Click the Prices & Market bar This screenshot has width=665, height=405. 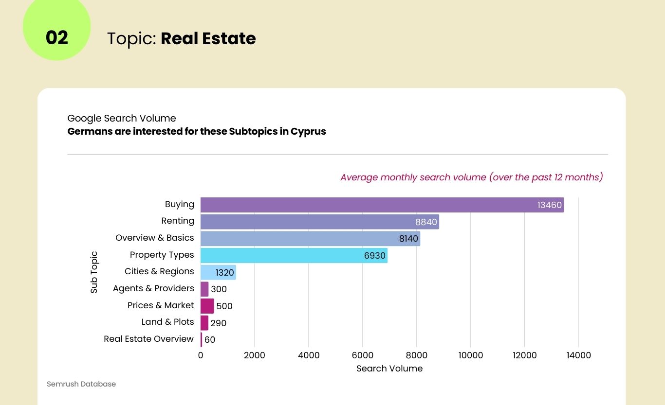tap(207, 306)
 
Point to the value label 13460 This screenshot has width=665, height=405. tap(550, 205)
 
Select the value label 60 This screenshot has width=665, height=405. tap(210, 340)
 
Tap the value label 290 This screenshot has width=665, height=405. tap(219, 323)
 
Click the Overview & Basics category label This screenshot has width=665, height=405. tap(154, 238)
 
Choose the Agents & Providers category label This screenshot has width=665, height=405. tap(153, 288)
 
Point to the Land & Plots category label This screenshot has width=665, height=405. tap(167, 322)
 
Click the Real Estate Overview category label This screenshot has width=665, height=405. tap(148, 339)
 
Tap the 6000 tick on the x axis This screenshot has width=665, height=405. tap(362, 355)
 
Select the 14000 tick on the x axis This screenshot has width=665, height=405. tap(578, 355)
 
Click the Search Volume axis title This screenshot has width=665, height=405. tap(389, 369)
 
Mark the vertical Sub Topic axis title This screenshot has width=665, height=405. tap(94, 272)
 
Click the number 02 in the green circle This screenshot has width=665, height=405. tap(57, 38)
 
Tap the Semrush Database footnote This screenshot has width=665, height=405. tap(81, 384)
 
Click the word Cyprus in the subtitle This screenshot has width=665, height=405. tap(308, 132)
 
